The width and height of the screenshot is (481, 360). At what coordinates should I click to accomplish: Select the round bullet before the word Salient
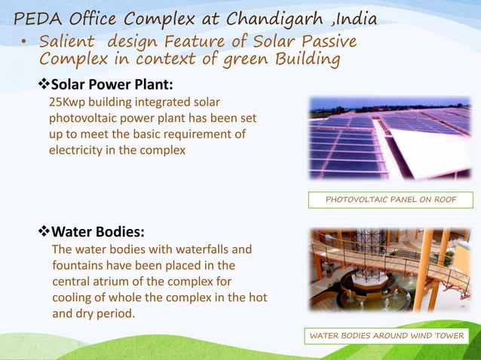(x=26, y=42)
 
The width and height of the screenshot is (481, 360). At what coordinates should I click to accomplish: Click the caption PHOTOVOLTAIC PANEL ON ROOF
(x=391, y=200)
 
